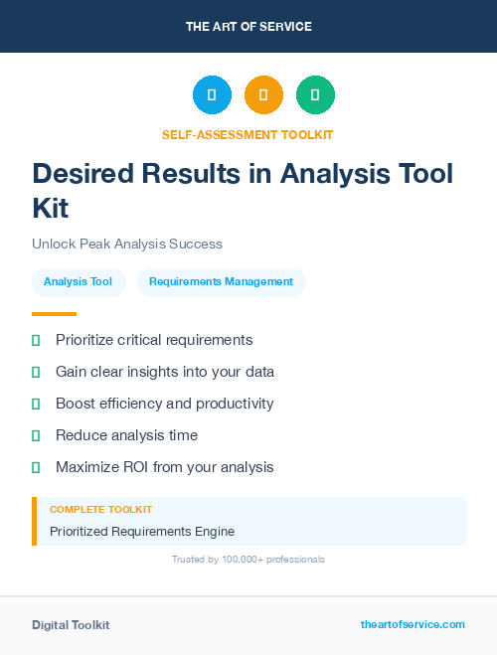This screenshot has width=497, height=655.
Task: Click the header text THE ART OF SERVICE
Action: [248, 27]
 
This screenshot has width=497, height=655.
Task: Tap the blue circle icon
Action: [212, 94]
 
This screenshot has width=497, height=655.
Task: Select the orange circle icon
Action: [263, 94]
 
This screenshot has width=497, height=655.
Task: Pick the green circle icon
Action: [315, 94]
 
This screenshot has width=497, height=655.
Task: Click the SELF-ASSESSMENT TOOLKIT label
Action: [248, 134]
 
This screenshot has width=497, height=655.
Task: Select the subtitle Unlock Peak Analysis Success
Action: [127, 244]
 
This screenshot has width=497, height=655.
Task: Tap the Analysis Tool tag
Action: [79, 281]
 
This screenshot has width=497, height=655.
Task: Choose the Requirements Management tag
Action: [221, 281]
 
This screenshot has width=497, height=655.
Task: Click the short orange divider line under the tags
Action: [54, 313]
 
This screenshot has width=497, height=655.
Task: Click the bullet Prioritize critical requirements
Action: [154, 340]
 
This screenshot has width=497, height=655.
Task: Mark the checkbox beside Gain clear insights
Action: [36, 372]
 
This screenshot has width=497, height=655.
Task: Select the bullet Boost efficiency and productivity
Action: [164, 404]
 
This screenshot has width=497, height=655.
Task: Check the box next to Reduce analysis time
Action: [36, 435]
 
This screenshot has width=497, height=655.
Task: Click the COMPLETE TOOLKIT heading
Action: [100, 509]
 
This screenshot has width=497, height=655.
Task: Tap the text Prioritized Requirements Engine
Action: [142, 531]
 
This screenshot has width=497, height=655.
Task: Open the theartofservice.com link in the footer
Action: [413, 624]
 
